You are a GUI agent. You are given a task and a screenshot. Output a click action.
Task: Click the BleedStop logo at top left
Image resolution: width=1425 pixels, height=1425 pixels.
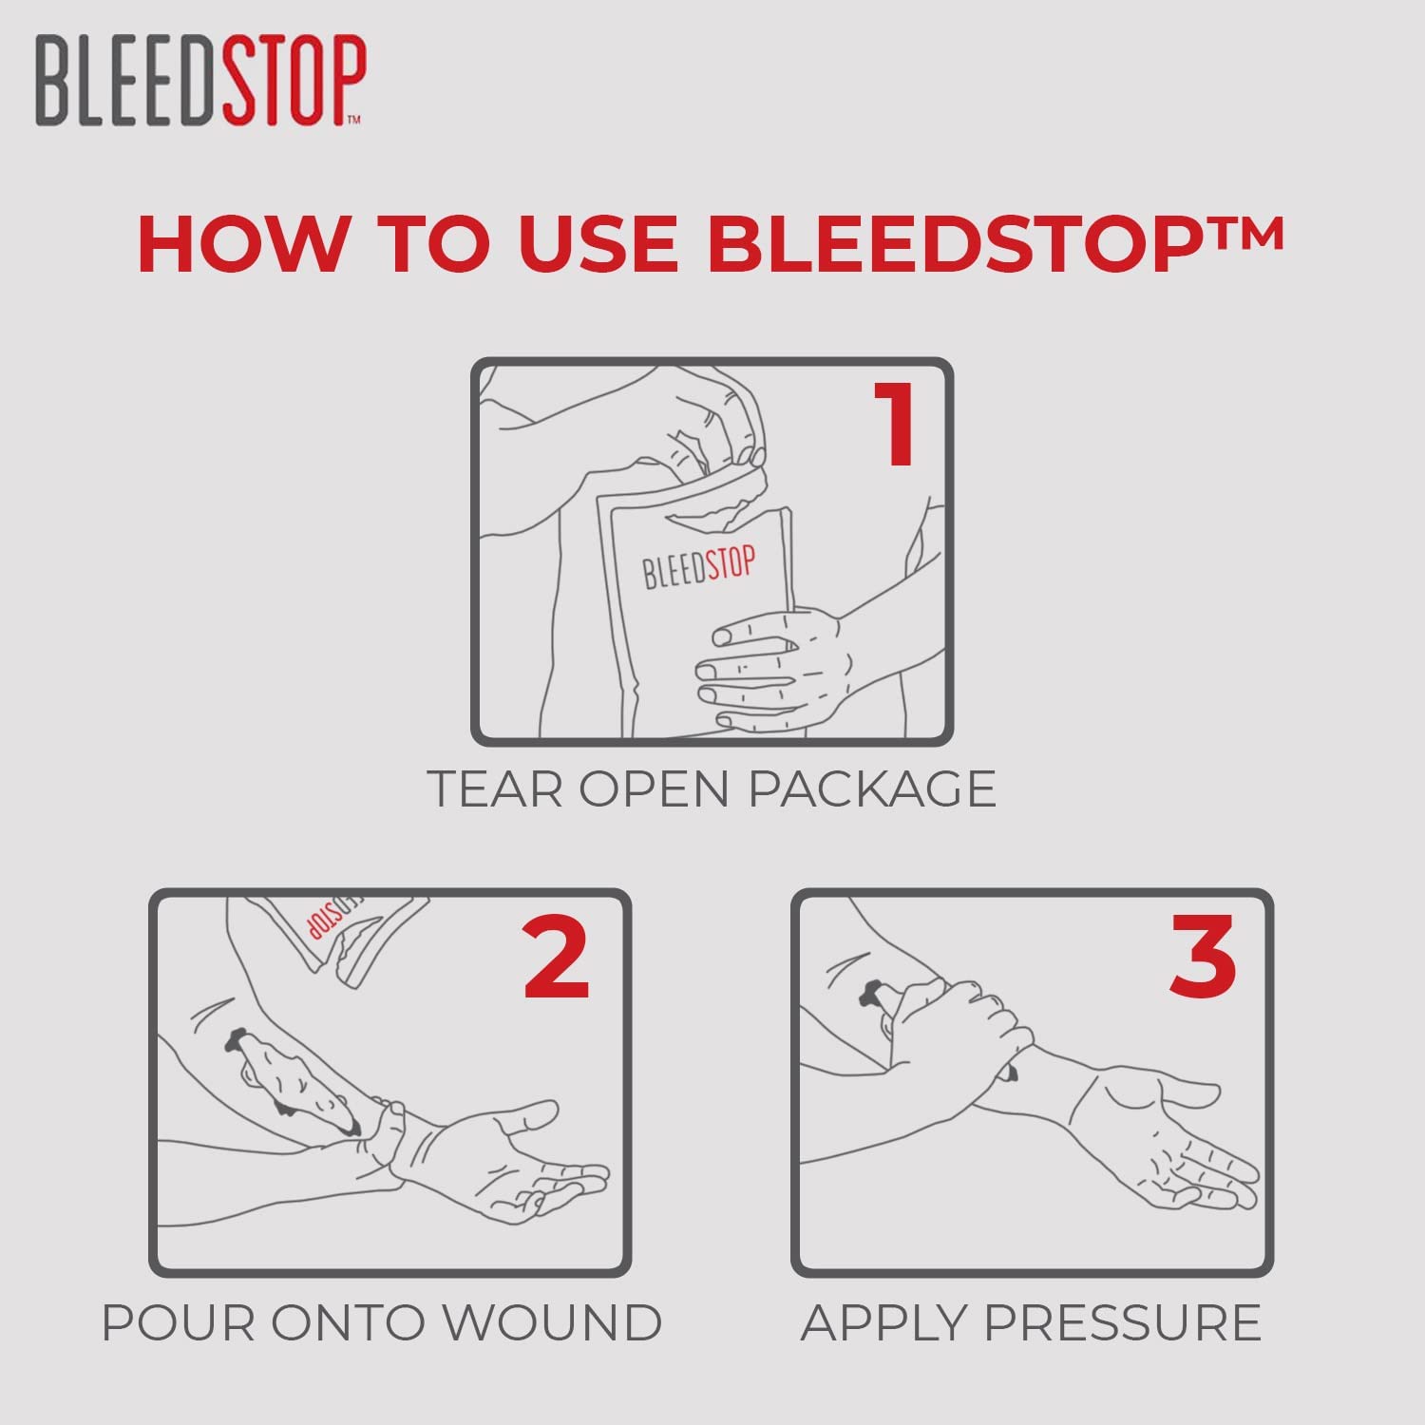point(199,81)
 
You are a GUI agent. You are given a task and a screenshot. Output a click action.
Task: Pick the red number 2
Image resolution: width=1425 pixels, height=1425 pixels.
point(557,957)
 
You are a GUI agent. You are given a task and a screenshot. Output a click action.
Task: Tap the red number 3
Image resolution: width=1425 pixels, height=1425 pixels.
point(1203,957)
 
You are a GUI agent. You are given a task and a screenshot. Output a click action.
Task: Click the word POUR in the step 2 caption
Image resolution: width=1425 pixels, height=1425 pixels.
point(179,1322)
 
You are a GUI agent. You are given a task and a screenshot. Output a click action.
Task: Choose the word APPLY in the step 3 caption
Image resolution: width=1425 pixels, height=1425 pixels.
point(884,1322)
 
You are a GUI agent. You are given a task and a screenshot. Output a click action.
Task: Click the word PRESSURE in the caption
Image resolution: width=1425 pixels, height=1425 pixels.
point(1122,1322)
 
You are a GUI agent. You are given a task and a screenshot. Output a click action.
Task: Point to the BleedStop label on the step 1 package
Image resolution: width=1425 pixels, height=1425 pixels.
point(698,568)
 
